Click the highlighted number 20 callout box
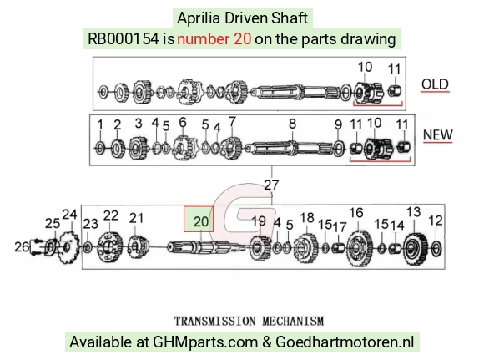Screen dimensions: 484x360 pos(199,219)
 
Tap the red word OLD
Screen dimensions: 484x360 pos(435,84)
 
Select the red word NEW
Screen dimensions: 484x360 pos(438,134)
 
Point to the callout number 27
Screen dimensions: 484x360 pos(272,185)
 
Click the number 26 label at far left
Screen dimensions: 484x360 pos(22,247)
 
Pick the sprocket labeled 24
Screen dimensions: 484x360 pos(68,247)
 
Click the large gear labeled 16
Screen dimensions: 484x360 pos(360,248)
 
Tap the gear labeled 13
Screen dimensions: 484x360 pos(416,248)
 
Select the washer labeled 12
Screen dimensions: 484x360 pos(436,249)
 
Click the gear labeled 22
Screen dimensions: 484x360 pos(109,247)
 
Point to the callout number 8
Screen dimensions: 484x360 pos(292,124)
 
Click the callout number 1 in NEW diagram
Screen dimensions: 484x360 pos(100,124)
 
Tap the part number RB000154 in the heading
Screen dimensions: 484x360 pos(124,39)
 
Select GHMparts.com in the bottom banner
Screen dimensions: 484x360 pos(205,342)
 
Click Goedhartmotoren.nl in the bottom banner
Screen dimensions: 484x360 pos(345,342)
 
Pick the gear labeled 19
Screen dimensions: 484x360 pos(260,247)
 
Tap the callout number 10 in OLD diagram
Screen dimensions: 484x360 pos(365,67)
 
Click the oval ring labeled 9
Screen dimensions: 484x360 pos(338,149)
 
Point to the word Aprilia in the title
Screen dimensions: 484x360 pos(199,18)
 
